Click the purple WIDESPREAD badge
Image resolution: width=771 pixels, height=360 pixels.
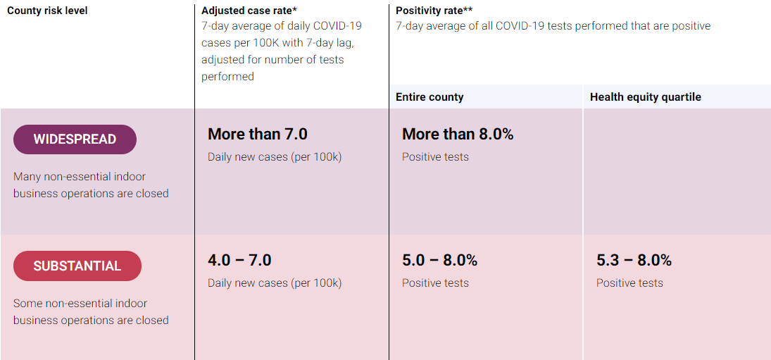(75, 139)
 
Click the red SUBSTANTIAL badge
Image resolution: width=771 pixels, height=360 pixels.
(77, 266)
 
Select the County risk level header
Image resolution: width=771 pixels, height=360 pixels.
(47, 11)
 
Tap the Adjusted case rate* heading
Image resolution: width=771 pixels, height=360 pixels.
(249, 11)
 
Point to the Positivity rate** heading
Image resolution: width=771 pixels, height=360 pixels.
(434, 11)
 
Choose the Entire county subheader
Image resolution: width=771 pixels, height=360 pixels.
(430, 97)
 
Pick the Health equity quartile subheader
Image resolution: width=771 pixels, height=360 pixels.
(645, 97)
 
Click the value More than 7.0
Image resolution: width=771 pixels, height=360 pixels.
(258, 134)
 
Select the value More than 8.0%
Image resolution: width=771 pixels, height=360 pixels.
(458, 134)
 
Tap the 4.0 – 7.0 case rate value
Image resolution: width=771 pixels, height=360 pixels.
(239, 260)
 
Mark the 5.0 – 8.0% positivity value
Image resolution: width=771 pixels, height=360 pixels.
(439, 260)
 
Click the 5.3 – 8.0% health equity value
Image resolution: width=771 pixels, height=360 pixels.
(634, 260)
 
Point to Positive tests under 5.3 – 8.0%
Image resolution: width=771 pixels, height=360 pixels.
(629, 283)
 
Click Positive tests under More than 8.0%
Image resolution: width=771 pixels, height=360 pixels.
(435, 157)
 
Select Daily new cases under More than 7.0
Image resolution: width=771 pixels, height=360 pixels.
(275, 157)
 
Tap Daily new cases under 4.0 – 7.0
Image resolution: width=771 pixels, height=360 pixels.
(275, 283)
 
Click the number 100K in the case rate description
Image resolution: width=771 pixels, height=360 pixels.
(277, 43)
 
